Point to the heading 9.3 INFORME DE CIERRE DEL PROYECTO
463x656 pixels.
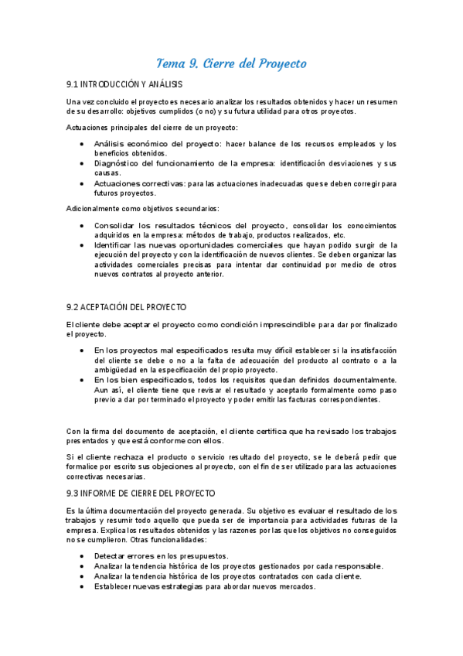[141, 493]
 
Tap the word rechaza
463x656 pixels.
[122, 458]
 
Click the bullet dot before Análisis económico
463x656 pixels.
[83, 145]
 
